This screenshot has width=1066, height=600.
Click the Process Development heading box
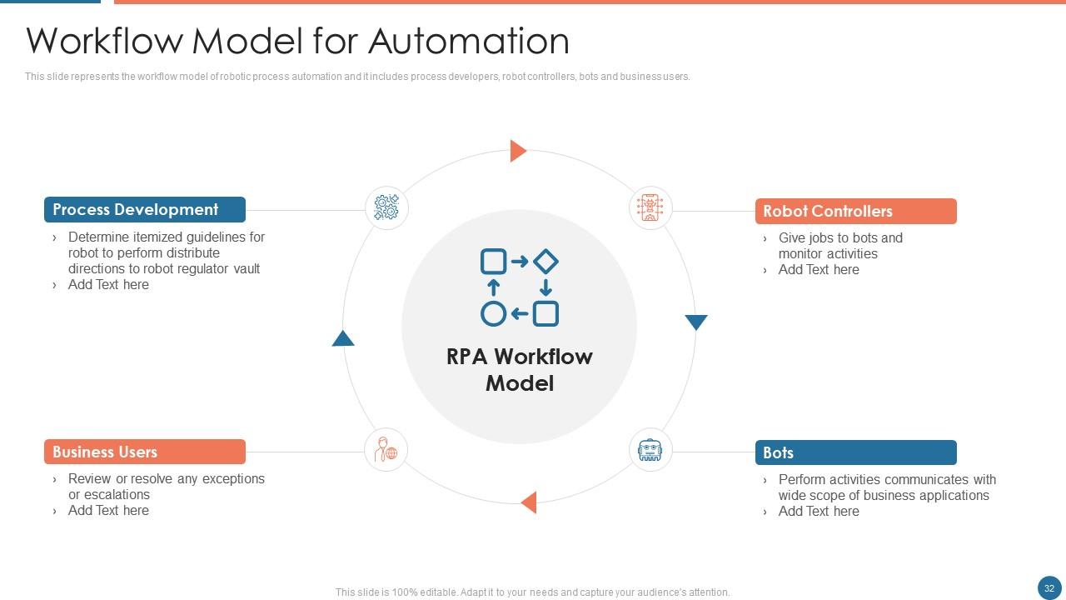144,210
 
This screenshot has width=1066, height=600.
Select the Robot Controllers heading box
855,212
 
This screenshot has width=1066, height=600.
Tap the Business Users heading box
144,452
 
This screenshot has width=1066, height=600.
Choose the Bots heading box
855,452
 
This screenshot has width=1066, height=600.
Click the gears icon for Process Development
386,207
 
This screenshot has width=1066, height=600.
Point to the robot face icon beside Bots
650,450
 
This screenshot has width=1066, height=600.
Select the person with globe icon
386,450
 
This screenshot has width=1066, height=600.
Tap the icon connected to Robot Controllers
650,207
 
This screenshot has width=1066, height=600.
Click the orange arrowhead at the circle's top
518,151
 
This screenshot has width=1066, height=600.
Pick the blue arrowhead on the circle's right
695,322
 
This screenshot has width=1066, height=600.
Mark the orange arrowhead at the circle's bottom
529,502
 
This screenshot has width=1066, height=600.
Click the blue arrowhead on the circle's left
343,338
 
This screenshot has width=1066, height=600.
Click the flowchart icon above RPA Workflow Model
520,287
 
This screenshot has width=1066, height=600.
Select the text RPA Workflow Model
520,370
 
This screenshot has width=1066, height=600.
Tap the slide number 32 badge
1049,587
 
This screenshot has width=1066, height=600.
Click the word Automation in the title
469,41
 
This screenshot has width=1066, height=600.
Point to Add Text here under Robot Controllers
818,270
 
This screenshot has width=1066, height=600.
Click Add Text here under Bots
818,512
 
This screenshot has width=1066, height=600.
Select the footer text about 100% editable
532,592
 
